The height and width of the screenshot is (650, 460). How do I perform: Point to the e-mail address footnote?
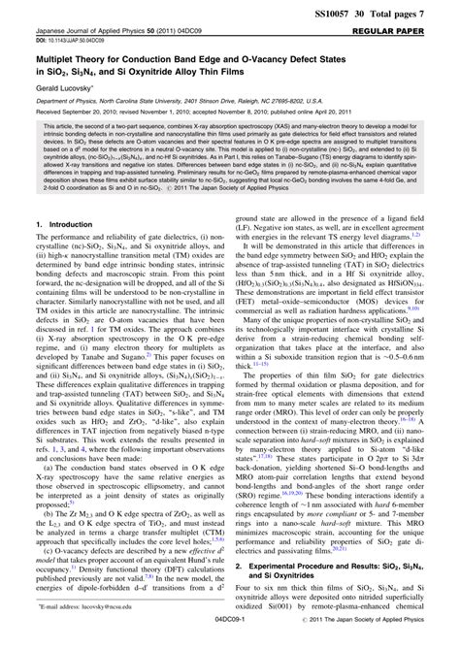click(x=96, y=620)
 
